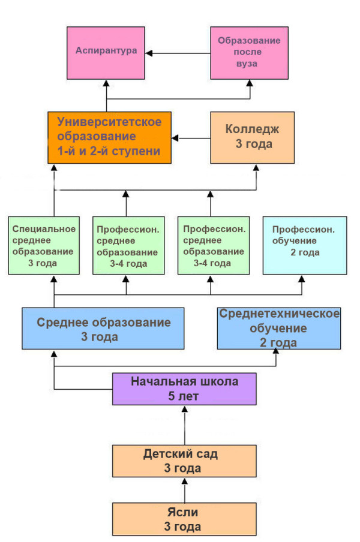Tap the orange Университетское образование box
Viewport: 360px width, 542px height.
109,137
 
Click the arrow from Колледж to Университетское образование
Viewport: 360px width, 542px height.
191,138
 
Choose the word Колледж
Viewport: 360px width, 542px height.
252,129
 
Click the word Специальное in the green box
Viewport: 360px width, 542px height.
44,228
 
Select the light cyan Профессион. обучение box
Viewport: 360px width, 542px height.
304,246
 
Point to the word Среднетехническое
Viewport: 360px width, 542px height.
280,314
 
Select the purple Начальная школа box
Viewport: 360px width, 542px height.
185,388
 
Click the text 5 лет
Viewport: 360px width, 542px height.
185,396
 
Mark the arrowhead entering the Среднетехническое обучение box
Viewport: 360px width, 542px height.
277,353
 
